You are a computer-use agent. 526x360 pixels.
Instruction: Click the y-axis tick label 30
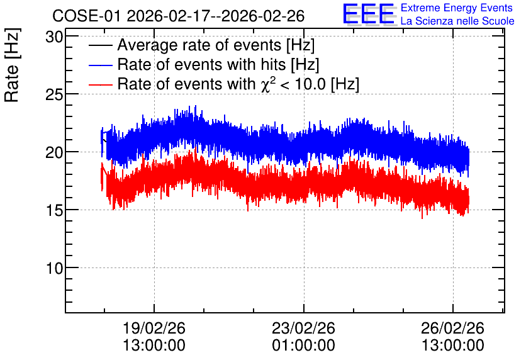(x=54, y=37)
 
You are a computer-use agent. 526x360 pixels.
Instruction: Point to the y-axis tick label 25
(x=54, y=94)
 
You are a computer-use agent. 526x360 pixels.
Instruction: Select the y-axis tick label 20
(x=54, y=153)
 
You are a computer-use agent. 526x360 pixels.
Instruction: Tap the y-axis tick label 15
(x=54, y=210)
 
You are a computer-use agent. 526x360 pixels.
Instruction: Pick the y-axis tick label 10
(x=54, y=268)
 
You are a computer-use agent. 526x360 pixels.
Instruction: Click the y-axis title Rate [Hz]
(x=12, y=65)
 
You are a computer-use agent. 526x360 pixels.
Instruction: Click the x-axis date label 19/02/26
(x=154, y=328)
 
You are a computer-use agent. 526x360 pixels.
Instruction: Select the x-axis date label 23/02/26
(x=304, y=328)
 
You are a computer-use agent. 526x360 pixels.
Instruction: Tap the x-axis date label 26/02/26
(x=453, y=328)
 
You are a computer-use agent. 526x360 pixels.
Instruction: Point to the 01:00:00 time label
(x=304, y=346)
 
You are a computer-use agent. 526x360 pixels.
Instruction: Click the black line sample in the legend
(x=101, y=45)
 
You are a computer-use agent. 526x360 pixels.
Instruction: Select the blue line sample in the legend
(x=101, y=65)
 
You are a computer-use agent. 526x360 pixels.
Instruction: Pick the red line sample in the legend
(x=101, y=84)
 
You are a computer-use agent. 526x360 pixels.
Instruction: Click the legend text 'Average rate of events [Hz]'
(x=216, y=45)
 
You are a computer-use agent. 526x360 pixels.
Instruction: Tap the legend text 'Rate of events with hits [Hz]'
(x=218, y=65)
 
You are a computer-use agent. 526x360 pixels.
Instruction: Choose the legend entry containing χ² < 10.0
(x=238, y=84)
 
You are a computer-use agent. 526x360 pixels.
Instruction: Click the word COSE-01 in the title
(x=87, y=16)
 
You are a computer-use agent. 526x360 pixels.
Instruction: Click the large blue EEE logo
(x=369, y=14)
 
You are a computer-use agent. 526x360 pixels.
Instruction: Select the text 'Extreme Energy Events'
(x=457, y=8)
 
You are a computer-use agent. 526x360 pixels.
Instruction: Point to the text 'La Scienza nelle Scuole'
(x=457, y=21)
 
